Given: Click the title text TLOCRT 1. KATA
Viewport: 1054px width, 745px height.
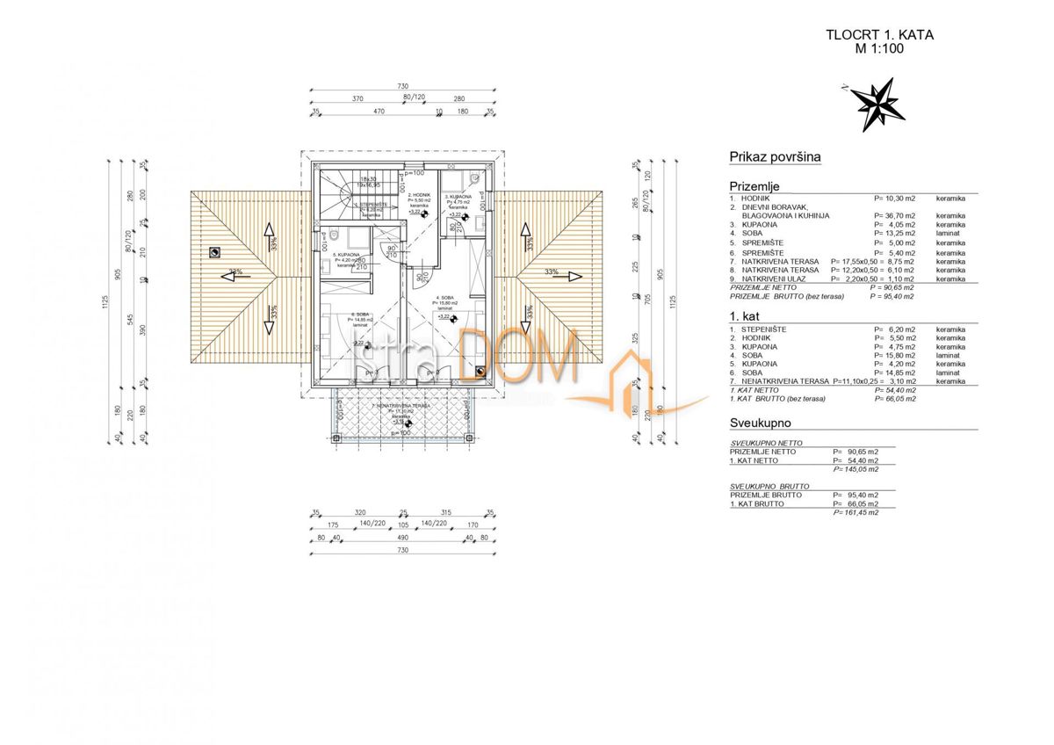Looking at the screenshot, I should coord(879,36).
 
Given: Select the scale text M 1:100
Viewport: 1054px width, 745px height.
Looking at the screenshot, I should coord(879,50).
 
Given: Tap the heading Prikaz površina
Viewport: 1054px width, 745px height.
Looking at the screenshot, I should coord(775,157).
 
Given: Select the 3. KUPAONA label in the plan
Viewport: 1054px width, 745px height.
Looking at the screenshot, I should coord(458,197).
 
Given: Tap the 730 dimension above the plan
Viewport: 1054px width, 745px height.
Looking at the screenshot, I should coord(402,86).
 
